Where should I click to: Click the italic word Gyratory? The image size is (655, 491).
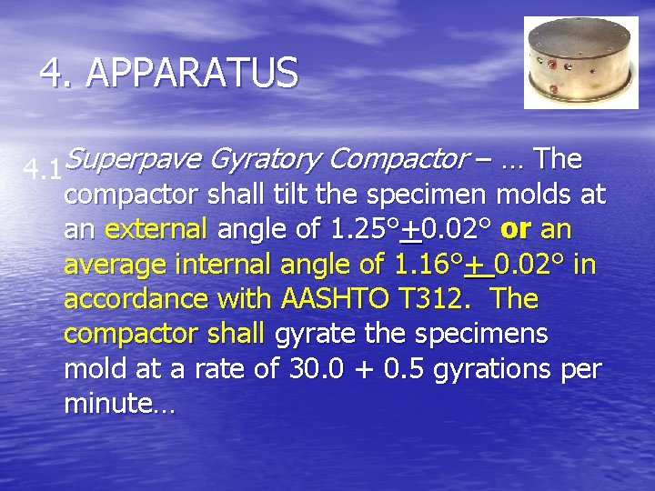[265, 160]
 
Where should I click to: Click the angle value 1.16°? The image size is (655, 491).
[428, 264]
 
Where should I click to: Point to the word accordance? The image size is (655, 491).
[137, 298]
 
